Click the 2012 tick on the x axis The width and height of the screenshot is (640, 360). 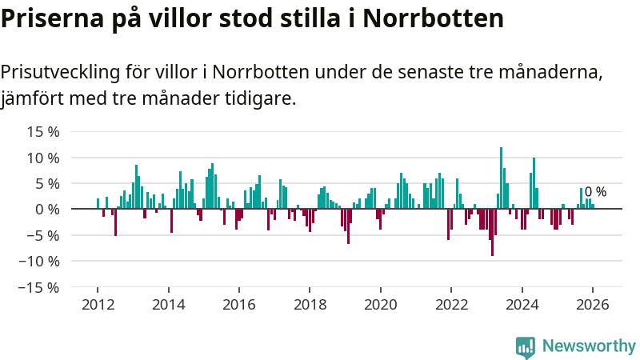point(98,304)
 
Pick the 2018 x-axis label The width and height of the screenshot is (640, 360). point(310,304)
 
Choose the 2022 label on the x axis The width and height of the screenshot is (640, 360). point(451,304)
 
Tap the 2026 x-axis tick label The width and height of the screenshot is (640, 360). point(593,304)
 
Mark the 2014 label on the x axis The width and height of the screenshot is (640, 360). point(168,304)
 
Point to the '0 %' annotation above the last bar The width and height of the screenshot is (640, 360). point(595,192)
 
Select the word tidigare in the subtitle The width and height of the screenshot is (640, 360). point(263,99)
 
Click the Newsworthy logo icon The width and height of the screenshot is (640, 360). point(526,346)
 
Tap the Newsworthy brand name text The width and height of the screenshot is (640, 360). point(589,346)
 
